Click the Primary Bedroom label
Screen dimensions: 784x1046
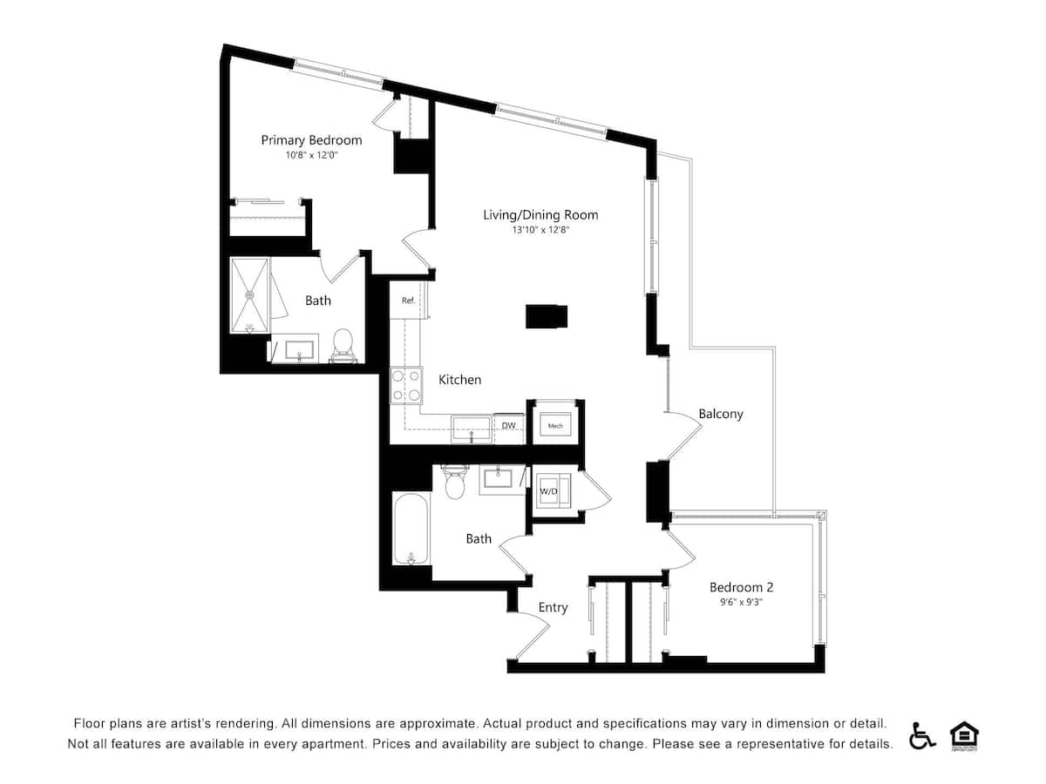pyautogui.click(x=311, y=140)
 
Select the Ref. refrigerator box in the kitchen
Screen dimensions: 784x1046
pyautogui.click(x=407, y=301)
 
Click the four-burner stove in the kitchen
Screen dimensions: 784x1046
pyautogui.click(x=405, y=385)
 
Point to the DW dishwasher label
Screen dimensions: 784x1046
pyautogui.click(x=508, y=426)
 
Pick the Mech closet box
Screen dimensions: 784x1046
pyautogui.click(x=555, y=425)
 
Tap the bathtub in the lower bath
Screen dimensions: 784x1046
pyautogui.click(x=410, y=530)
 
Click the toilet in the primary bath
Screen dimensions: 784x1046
pyautogui.click(x=343, y=344)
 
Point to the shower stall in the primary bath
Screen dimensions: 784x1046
pyautogui.click(x=250, y=294)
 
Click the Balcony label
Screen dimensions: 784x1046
pyautogui.click(x=721, y=414)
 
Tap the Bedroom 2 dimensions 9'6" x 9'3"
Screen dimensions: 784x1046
pyautogui.click(x=741, y=601)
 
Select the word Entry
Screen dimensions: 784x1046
pyautogui.click(x=553, y=607)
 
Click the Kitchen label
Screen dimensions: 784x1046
pyautogui.click(x=459, y=380)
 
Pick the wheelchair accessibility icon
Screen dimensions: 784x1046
pyautogui.click(x=922, y=736)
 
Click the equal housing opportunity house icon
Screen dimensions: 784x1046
pyautogui.click(x=962, y=736)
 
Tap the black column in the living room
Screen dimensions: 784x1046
pyautogui.click(x=547, y=316)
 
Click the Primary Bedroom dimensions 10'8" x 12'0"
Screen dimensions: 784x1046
pyautogui.click(x=311, y=155)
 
